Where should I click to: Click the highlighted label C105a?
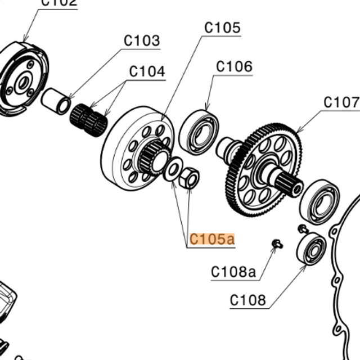211,239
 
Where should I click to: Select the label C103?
142,41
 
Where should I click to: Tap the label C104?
147,71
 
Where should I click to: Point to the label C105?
222,28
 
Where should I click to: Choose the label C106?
235,66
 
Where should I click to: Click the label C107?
341,102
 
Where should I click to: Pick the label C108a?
233,272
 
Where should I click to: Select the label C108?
248,300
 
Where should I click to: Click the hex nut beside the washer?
190,179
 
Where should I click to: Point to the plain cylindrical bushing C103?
56,101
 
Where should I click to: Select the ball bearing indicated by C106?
199,133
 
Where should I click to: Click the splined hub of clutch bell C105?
154,156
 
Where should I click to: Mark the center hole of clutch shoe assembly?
23,83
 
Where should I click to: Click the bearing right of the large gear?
319,201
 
